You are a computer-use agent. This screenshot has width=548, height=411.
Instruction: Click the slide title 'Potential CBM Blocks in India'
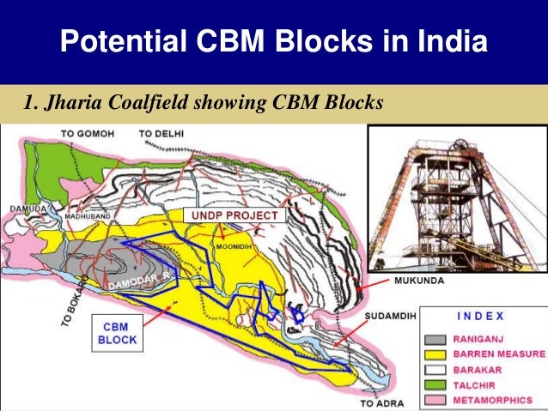pyautogui.click(x=273, y=40)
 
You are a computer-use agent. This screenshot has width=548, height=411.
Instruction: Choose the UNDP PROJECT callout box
pyautogui.click(x=234, y=215)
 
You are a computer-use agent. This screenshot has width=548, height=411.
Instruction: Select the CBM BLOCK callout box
pyautogui.click(x=115, y=333)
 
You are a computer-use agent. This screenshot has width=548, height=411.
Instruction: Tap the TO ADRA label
pyautogui.click(x=381, y=402)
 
